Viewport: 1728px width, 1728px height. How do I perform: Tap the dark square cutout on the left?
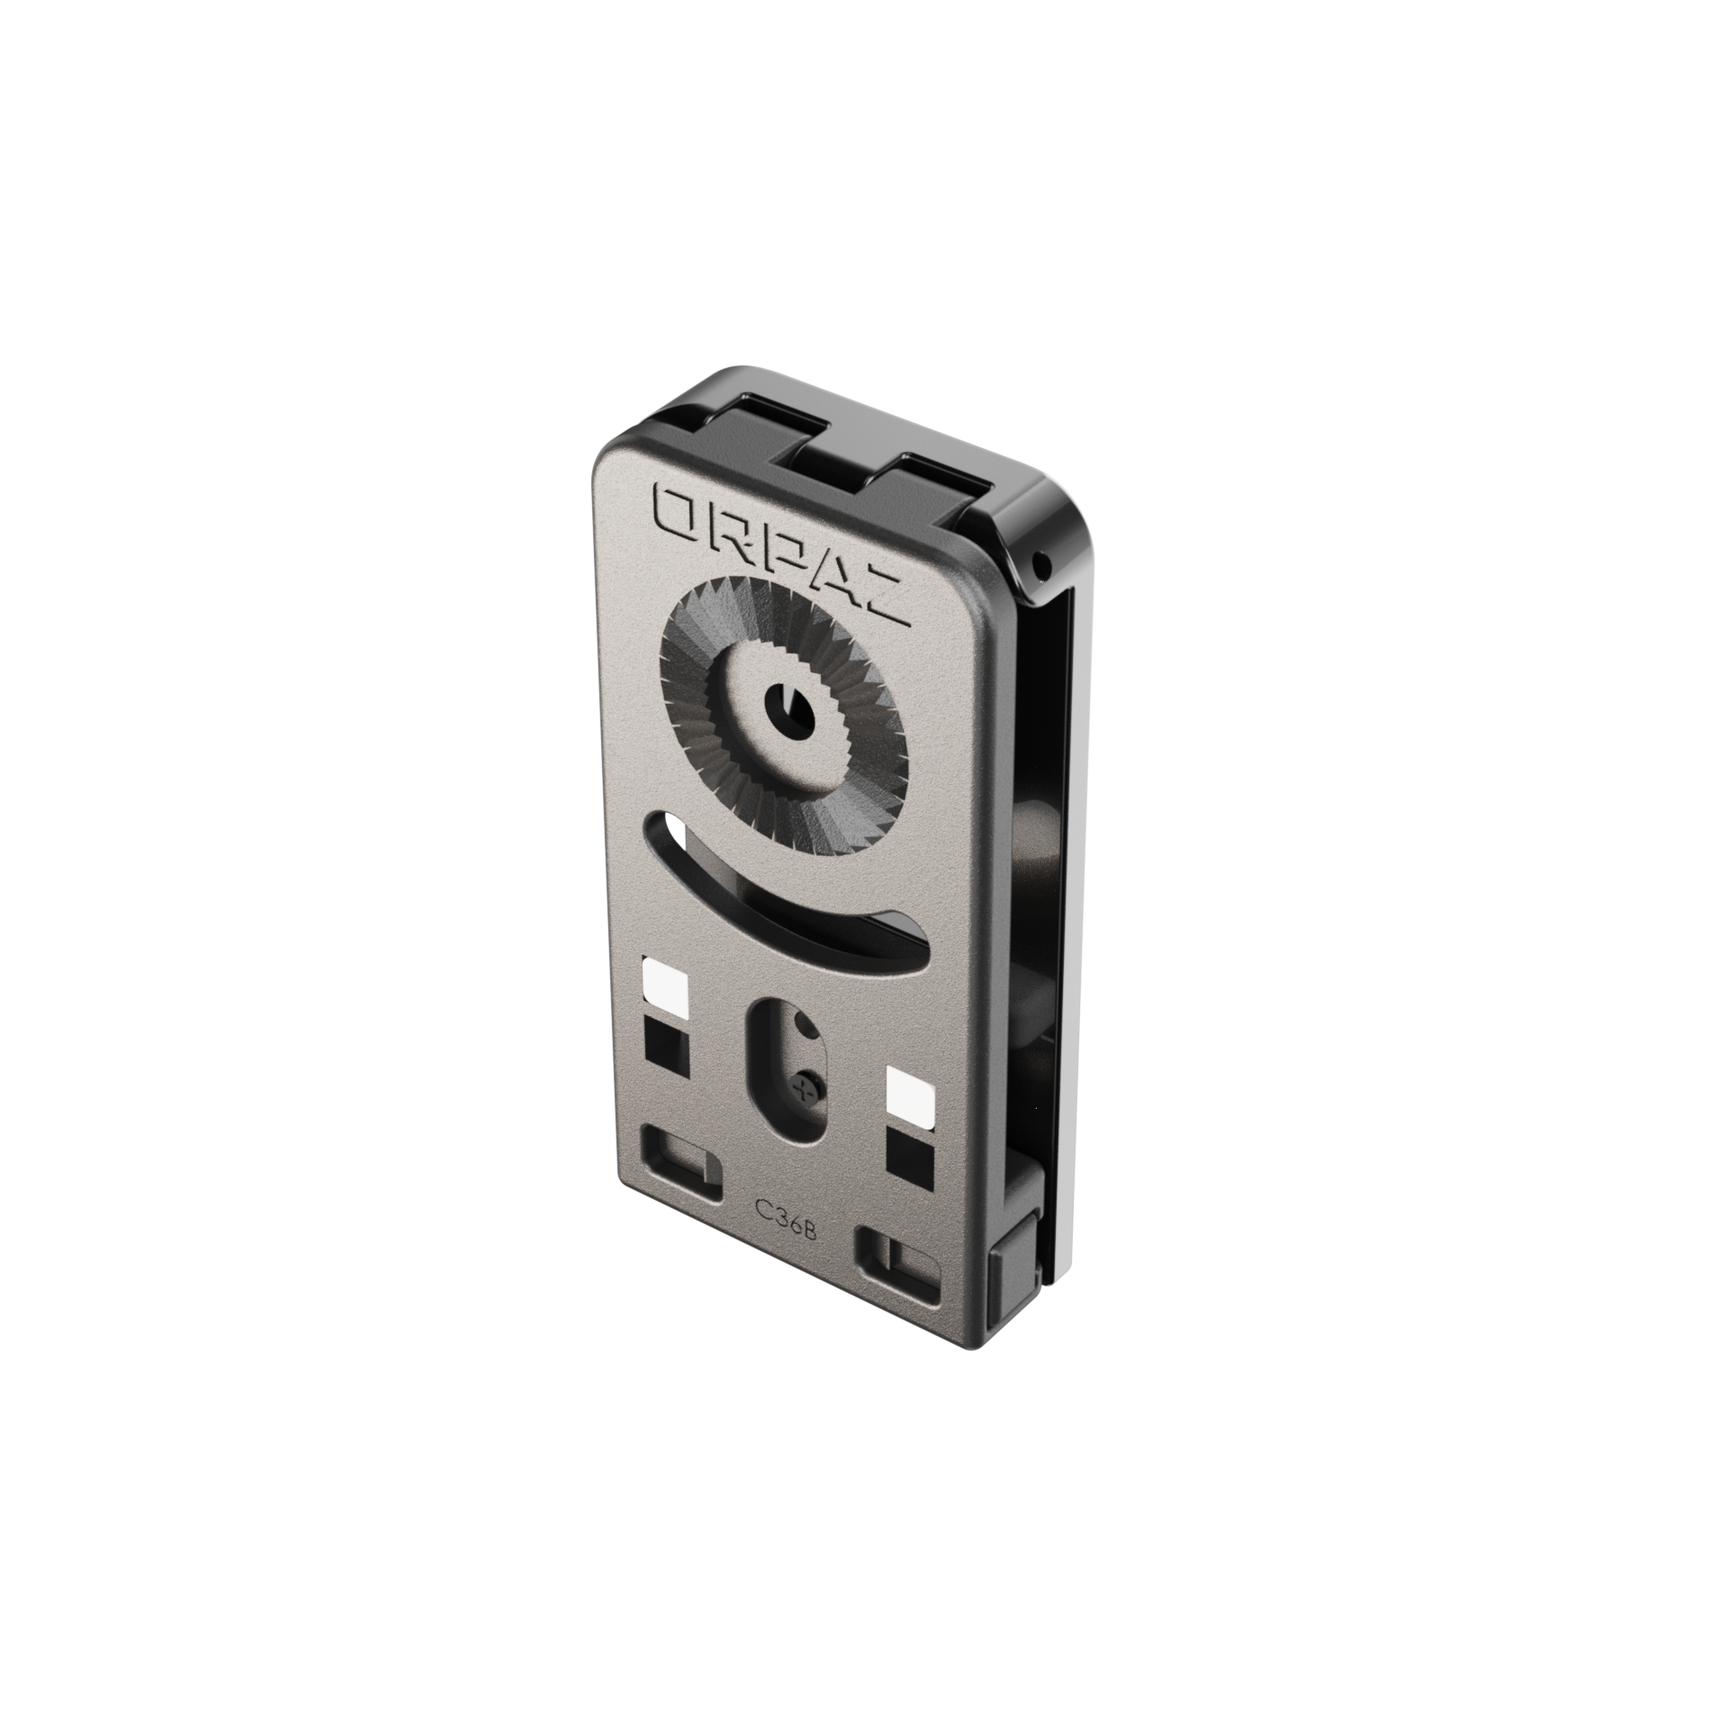(x=667, y=1046)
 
